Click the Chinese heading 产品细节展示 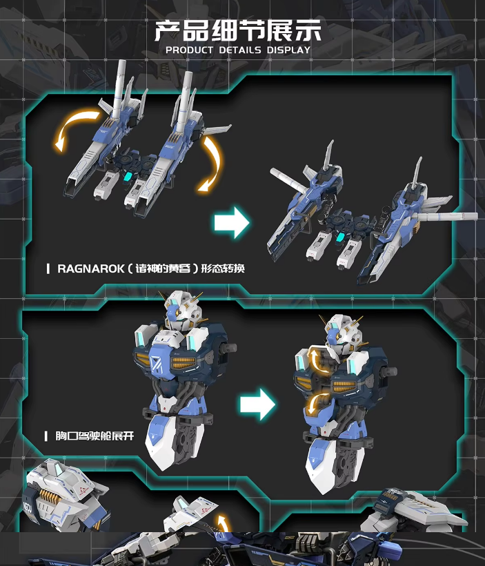tap(238, 30)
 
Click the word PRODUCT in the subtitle tap(189, 50)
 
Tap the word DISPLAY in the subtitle tap(288, 50)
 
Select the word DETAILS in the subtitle tap(239, 50)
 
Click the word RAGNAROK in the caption tap(90, 269)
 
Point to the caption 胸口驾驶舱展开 tap(95, 436)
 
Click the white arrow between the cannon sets tap(232, 222)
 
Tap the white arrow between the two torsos tap(257, 404)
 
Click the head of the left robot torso tap(181, 311)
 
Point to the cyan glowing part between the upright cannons tap(128, 177)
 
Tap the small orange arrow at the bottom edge tap(223, 524)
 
